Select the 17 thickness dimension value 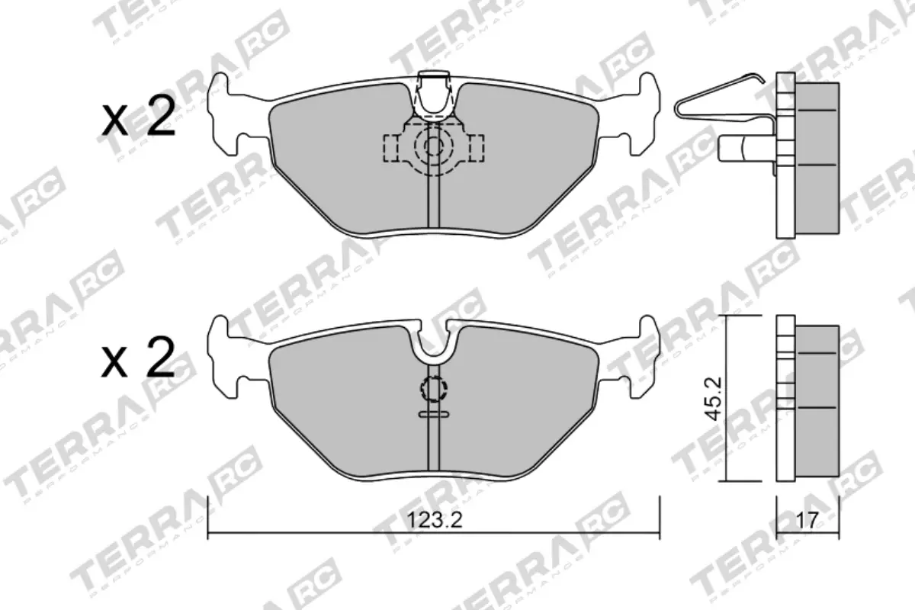point(807,520)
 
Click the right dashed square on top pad point(475,146)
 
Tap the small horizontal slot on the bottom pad point(433,414)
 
